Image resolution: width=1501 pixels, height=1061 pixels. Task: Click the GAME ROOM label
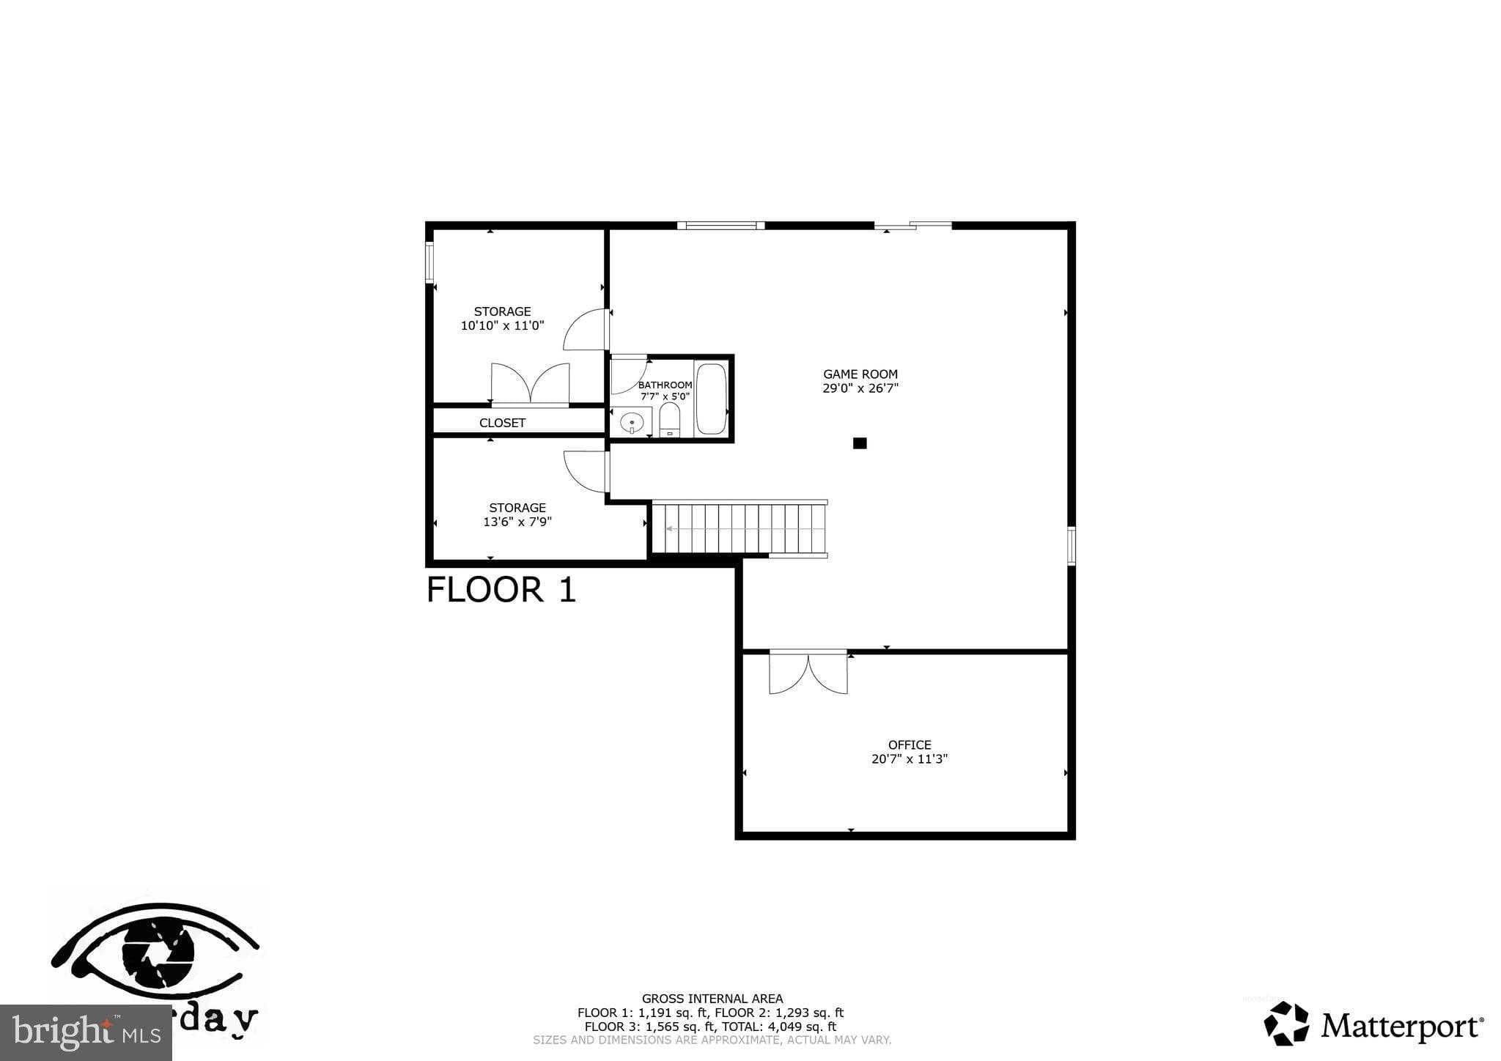860,374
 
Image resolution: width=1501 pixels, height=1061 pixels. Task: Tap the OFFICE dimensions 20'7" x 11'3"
909,759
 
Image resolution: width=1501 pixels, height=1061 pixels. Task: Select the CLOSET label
502,423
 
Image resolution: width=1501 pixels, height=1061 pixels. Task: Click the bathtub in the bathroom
710,399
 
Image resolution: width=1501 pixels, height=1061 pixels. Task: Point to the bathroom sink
631,423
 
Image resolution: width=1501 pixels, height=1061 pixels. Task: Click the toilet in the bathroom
669,421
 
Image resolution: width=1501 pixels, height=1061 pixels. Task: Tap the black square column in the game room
860,443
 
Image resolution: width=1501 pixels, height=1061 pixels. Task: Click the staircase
739,528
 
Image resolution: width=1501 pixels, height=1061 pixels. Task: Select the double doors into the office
808,672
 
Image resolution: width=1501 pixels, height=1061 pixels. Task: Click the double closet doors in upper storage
530,383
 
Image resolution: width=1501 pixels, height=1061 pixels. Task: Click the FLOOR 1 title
501,590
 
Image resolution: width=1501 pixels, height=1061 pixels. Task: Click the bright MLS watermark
86,1032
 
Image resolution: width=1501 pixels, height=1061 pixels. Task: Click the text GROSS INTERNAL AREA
712,998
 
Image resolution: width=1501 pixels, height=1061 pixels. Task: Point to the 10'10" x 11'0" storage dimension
502,326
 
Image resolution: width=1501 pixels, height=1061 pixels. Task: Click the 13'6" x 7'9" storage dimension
517,522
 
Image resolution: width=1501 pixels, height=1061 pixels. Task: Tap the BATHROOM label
665,385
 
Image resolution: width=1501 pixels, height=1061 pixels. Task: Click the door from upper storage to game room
587,330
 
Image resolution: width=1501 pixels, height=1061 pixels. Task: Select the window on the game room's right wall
1071,545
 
